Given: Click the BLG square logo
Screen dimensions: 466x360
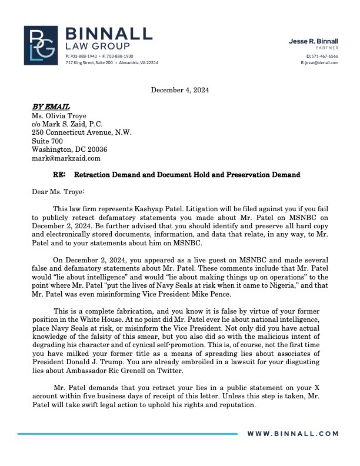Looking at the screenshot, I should tap(41, 45).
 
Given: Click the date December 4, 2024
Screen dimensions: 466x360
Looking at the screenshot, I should tap(180, 90).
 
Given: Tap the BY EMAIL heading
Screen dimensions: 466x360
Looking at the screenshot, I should tap(51, 107).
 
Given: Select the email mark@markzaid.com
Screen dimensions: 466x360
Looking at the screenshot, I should tap(66, 158).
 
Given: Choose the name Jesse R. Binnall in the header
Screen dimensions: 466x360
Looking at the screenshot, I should tap(313, 41).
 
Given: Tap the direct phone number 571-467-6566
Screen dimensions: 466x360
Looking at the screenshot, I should tap(322, 56).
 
